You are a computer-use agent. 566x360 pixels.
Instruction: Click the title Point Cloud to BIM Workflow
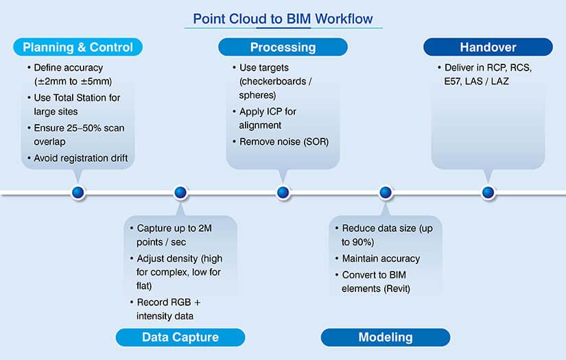283,18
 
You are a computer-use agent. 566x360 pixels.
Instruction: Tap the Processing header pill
283,47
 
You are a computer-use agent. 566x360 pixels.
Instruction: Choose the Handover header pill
488,47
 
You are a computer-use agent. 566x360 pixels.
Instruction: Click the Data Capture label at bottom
180,337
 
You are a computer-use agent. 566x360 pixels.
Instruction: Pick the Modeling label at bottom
386,337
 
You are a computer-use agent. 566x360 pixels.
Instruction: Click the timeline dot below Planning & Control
78,193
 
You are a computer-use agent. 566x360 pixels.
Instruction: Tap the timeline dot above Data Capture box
180,193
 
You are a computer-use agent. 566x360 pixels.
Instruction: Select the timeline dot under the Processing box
283,193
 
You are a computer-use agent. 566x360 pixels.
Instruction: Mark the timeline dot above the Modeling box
386,193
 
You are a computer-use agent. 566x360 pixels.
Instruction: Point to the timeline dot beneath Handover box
488,193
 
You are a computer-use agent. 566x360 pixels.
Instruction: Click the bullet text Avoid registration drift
80,158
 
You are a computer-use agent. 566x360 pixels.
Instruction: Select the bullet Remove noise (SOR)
284,141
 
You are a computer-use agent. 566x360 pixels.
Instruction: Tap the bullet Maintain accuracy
381,259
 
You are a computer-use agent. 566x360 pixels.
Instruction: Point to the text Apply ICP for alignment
268,119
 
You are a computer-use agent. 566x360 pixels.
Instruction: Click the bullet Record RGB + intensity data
168,309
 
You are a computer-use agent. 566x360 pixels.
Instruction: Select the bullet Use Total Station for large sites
77,104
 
